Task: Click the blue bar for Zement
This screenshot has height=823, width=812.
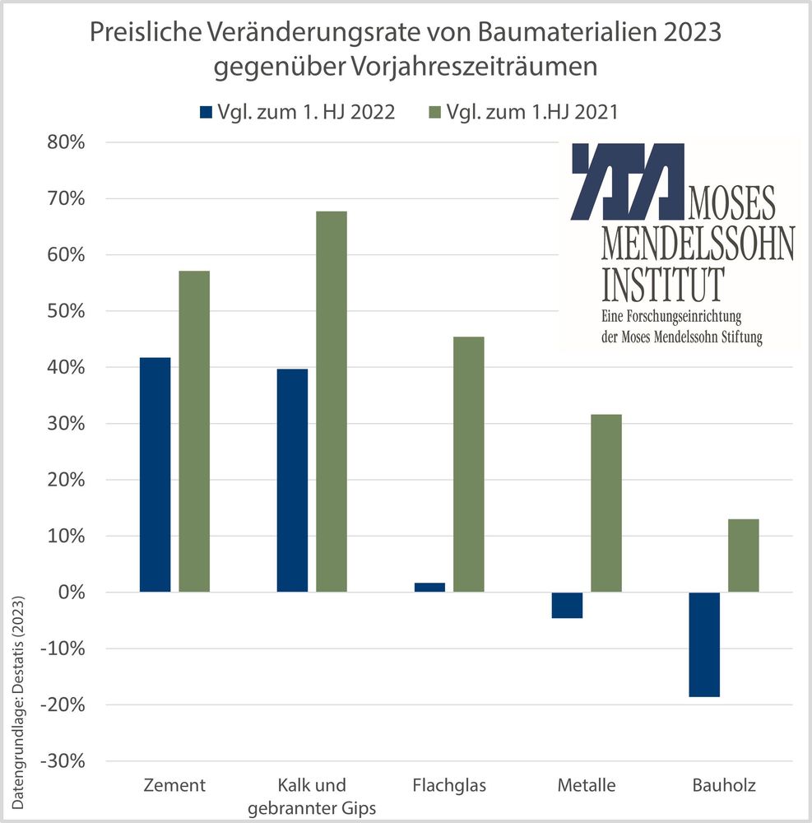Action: coord(155,475)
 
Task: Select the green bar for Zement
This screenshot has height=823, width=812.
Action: coord(194,431)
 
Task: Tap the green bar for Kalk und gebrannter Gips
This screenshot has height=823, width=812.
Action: coord(332,402)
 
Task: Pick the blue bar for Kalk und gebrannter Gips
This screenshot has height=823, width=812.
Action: coord(292,480)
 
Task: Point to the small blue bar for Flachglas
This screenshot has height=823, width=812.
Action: coord(429,587)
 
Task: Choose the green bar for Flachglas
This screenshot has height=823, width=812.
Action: coord(469,464)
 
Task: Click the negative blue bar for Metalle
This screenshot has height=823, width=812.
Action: coord(567,605)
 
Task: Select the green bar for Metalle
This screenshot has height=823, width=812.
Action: coord(606,503)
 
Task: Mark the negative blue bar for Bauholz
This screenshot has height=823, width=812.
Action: coord(704,644)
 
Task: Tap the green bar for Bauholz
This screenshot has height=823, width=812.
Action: coord(744,556)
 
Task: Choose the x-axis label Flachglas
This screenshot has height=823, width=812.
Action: coord(448,785)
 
